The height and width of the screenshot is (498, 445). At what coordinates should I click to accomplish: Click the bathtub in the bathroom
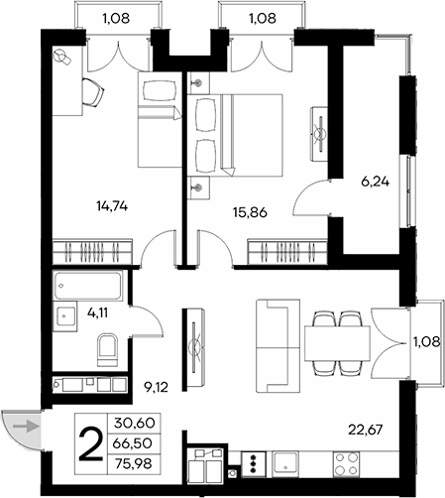pos(87,289)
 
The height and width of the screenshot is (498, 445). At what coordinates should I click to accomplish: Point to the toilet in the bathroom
pos(108,348)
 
